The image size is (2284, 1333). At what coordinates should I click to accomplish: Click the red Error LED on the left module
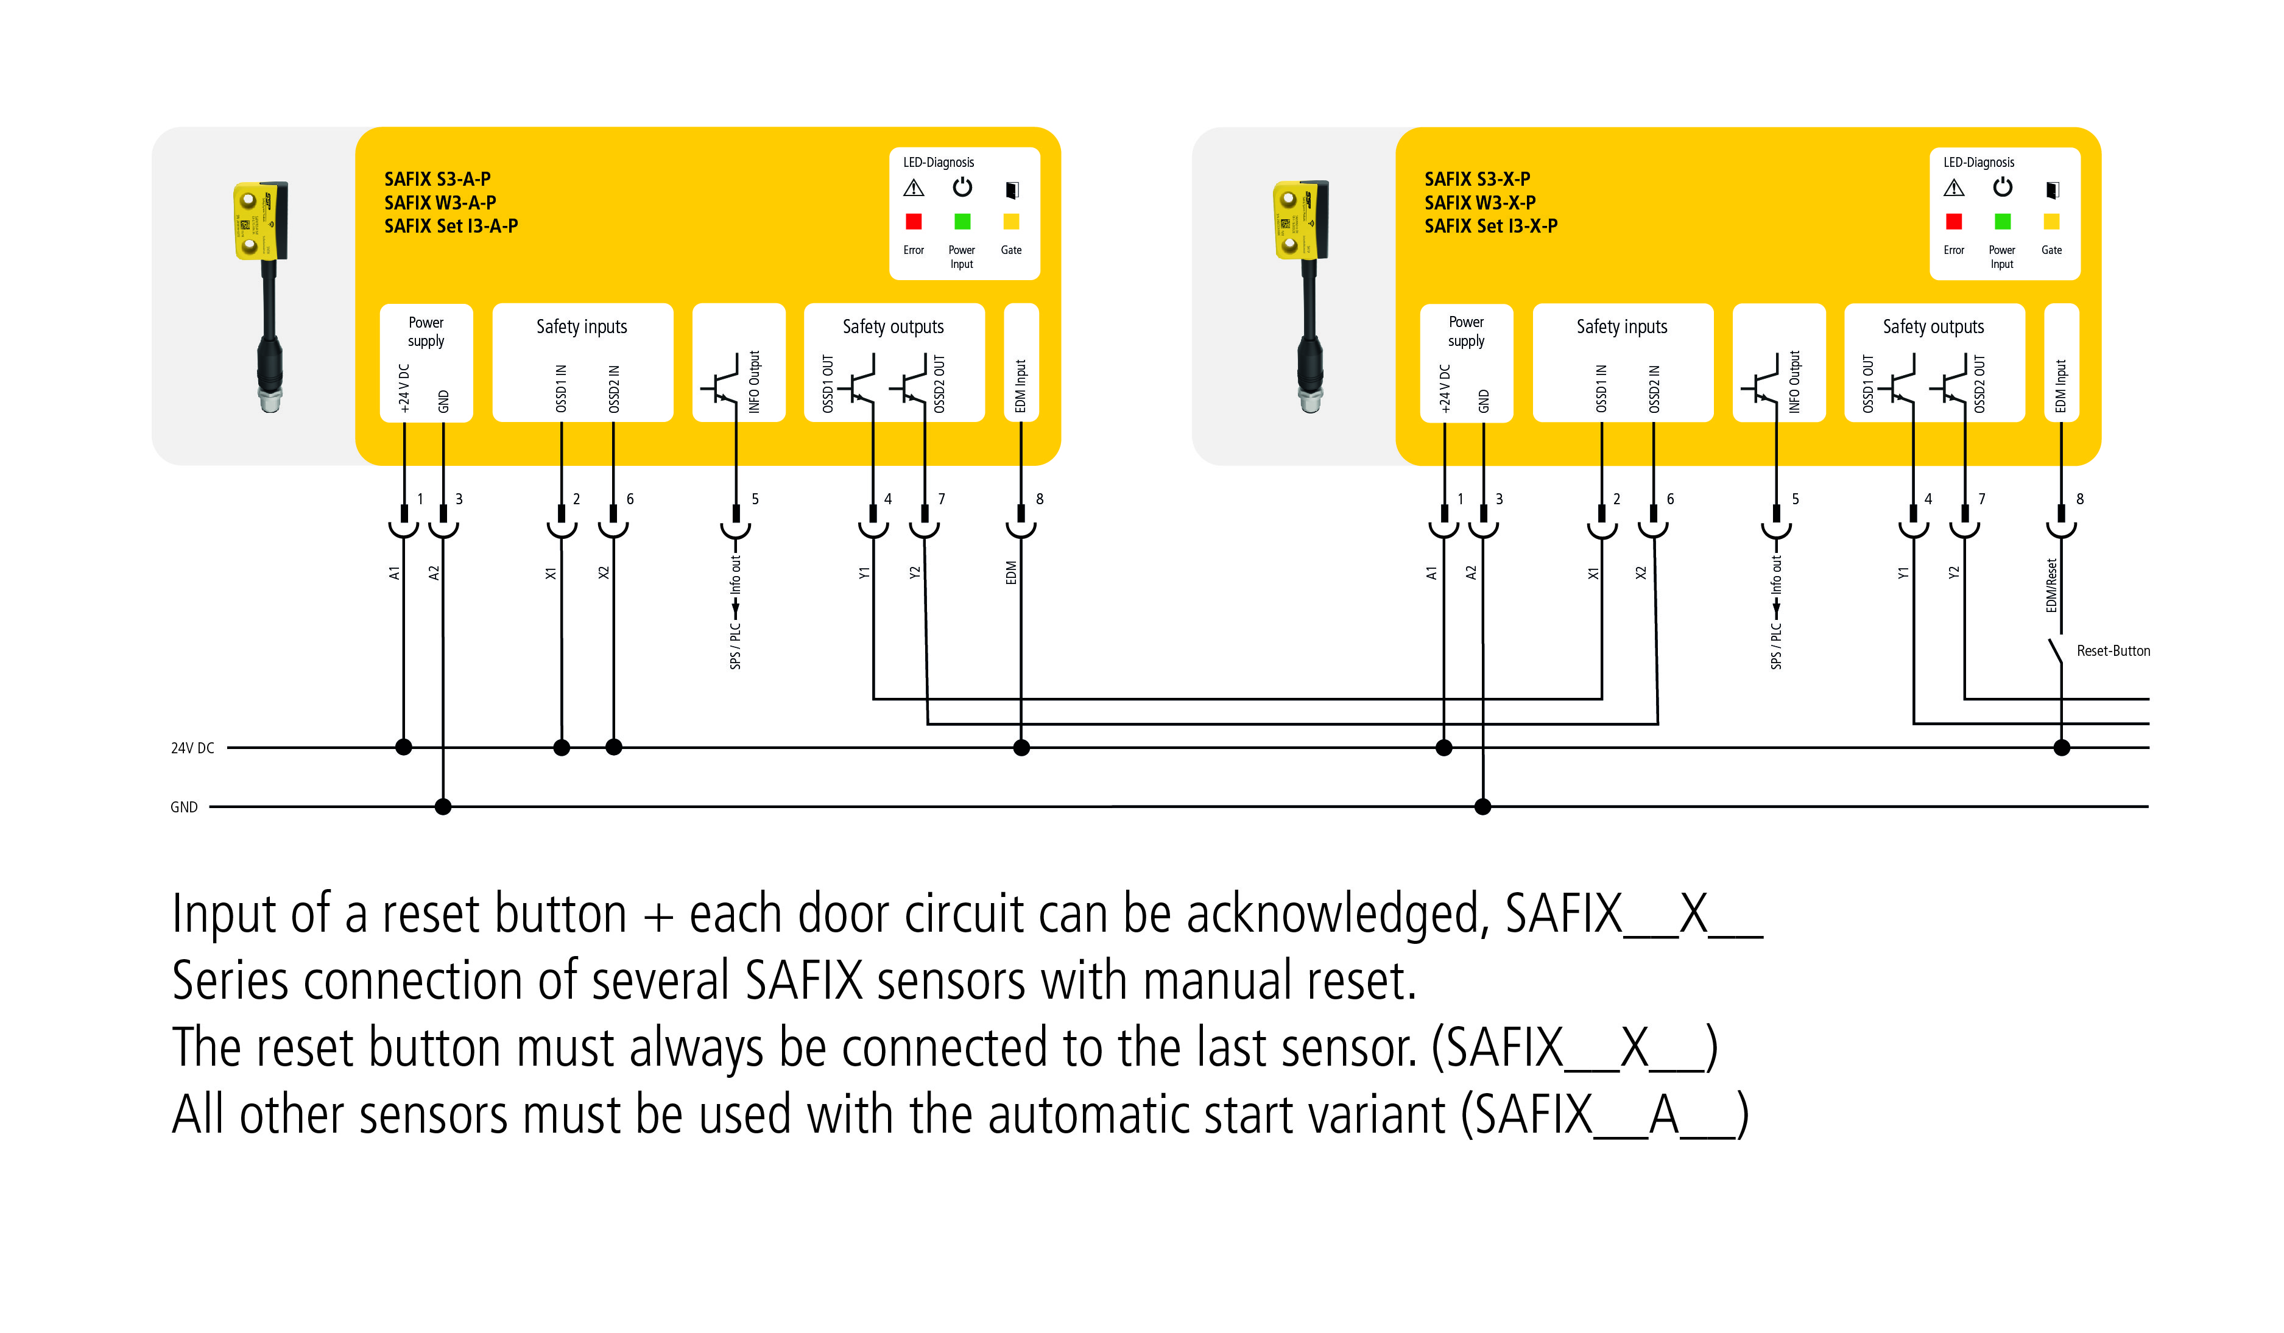coord(914,222)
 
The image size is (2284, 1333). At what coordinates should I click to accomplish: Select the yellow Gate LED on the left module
coord(1012,222)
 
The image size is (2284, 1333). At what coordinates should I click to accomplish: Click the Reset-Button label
coord(2113,650)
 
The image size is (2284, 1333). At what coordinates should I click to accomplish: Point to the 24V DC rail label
coord(192,748)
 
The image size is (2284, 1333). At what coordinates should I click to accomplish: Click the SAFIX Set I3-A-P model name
coord(451,227)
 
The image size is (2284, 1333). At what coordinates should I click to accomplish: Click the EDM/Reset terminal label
coord(2051,585)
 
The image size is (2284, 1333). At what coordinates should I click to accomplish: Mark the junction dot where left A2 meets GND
coord(443,806)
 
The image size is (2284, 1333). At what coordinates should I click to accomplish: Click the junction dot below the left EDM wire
coord(1021,748)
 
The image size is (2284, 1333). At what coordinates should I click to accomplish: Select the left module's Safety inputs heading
coord(582,327)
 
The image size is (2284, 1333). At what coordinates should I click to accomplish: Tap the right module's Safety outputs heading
coord(1933,327)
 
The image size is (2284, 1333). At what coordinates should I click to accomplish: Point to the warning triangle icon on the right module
coord(1954,189)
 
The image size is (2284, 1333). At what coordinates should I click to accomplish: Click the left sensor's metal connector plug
coord(270,399)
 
